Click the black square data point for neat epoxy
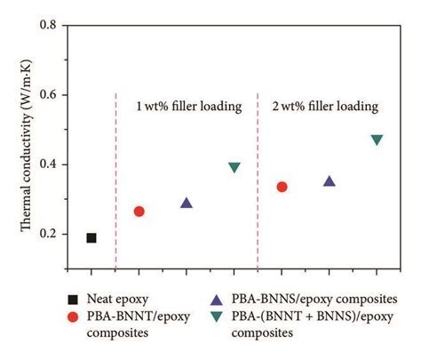point(91,237)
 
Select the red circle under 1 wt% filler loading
point(139,212)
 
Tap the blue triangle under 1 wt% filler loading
point(187,203)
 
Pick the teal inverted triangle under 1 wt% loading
point(234,167)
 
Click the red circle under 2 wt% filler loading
point(282,187)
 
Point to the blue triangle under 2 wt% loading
point(330,180)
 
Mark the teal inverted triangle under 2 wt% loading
point(377,140)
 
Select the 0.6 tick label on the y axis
point(50,95)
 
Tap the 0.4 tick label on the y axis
point(50,164)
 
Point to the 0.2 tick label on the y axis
point(50,234)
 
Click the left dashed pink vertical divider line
point(115,178)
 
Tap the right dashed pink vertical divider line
point(258,178)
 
